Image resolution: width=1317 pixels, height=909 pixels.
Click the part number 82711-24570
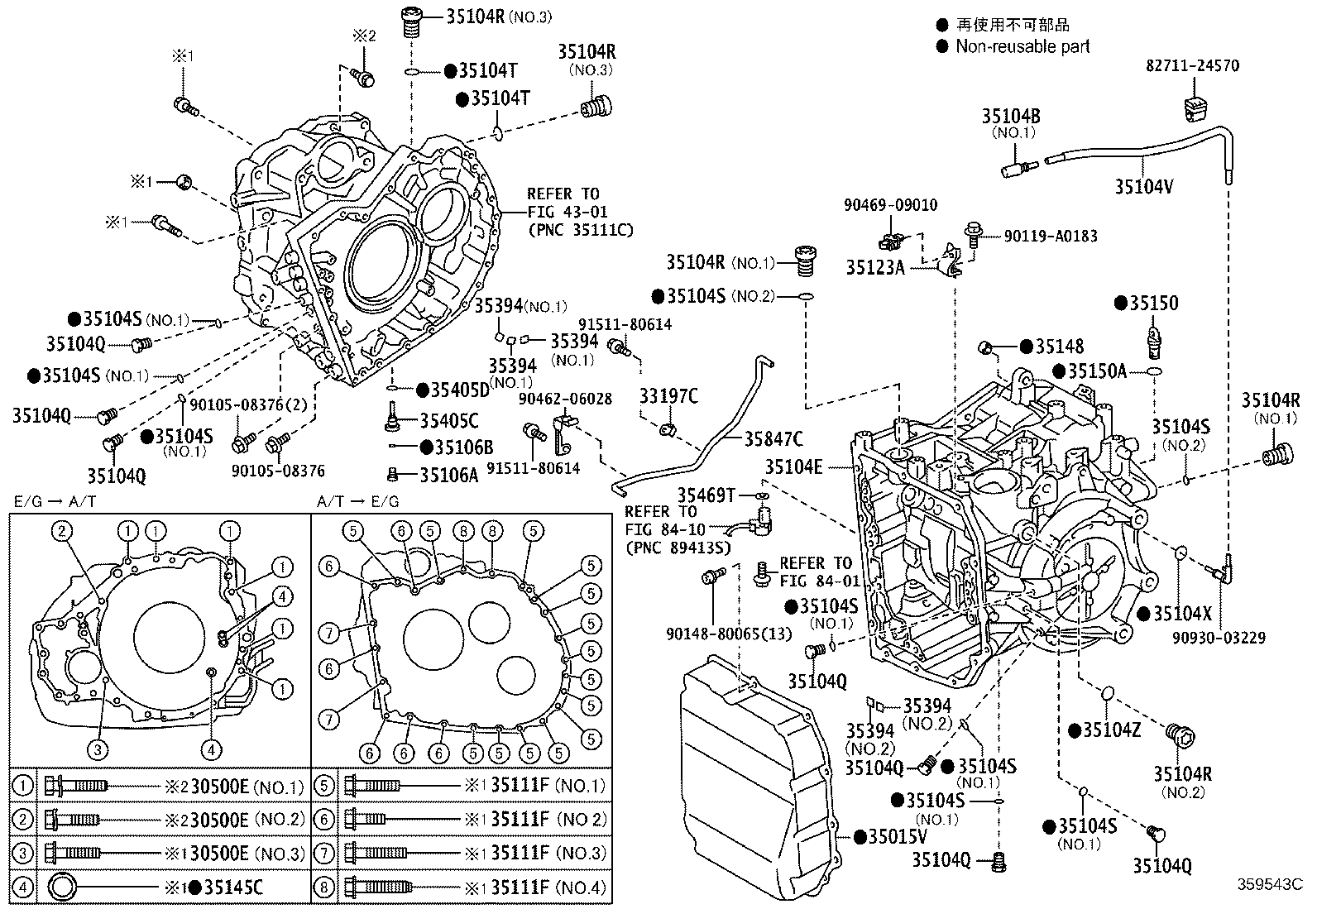tap(1192, 65)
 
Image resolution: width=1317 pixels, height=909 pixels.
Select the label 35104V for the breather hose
tap(1144, 187)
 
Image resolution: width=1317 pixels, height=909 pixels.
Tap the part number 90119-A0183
tap(1051, 236)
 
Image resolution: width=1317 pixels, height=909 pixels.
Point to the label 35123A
tap(875, 267)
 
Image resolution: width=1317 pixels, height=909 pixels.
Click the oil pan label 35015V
tap(898, 837)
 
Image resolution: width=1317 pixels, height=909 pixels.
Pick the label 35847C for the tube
tap(773, 438)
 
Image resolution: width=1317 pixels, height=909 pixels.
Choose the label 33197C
tap(669, 397)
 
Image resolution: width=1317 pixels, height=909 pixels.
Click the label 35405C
tap(449, 421)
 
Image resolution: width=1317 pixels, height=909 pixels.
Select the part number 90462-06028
tap(565, 399)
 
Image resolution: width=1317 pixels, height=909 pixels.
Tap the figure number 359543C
tap(1270, 884)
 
